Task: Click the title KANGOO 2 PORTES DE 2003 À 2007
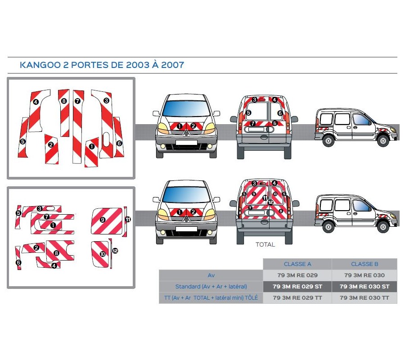[x=102, y=65]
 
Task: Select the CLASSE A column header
[x=297, y=264]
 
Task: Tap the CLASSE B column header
[x=364, y=264]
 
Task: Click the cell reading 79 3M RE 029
[x=297, y=275]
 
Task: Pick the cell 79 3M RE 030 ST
[x=364, y=286]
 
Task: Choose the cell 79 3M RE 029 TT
[x=297, y=297]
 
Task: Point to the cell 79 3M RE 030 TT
[x=364, y=297]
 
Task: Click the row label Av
[x=211, y=275]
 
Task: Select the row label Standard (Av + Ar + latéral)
[x=211, y=286]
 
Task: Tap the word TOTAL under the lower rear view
[x=265, y=245]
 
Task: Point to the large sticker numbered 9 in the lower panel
[x=108, y=220]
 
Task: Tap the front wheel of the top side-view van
[x=383, y=140]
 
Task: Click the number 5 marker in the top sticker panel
[x=22, y=141]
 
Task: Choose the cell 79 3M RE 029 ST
[x=297, y=286]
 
